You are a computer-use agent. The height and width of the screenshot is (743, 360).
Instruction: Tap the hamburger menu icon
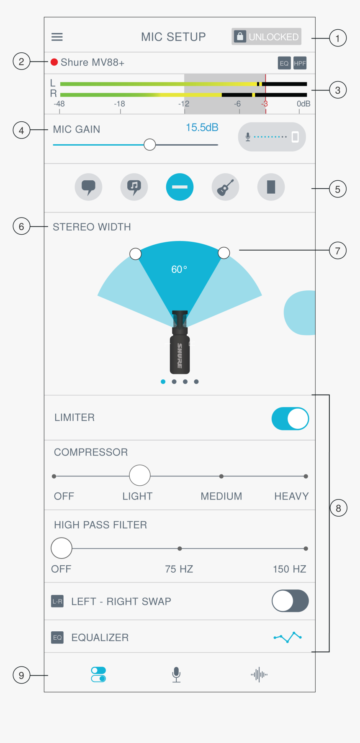point(57,37)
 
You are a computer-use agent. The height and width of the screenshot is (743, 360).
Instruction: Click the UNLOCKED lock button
point(266,36)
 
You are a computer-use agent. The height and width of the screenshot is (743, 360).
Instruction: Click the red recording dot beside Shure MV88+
point(54,62)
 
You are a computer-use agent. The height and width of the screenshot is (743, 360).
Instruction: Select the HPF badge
point(300,63)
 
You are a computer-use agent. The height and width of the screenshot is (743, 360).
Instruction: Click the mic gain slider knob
point(149,145)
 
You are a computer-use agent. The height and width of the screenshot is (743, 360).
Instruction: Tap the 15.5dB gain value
point(202,128)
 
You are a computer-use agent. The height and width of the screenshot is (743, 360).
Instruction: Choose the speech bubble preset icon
point(88,187)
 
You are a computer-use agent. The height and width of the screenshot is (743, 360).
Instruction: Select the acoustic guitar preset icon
point(225,187)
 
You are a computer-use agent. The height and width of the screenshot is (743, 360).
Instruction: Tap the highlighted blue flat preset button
point(180,187)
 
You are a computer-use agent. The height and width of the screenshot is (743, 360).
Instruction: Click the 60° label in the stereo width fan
point(179,269)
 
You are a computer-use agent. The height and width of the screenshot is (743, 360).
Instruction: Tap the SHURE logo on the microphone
point(180,356)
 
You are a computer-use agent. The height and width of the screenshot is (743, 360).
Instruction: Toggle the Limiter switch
point(290,419)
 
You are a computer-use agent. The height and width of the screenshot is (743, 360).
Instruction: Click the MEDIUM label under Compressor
point(221,496)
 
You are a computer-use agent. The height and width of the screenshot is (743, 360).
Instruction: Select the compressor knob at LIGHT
point(140,476)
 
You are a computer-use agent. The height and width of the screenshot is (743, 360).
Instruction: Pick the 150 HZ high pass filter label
point(290,569)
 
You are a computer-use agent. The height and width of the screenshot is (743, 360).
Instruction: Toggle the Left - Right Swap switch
point(290,601)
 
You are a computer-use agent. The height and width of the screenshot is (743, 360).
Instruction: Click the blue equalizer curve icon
point(288,637)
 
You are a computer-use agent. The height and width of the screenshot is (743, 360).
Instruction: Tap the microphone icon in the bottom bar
point(176,674)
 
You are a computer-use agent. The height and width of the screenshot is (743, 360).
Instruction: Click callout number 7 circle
point(338,251)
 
